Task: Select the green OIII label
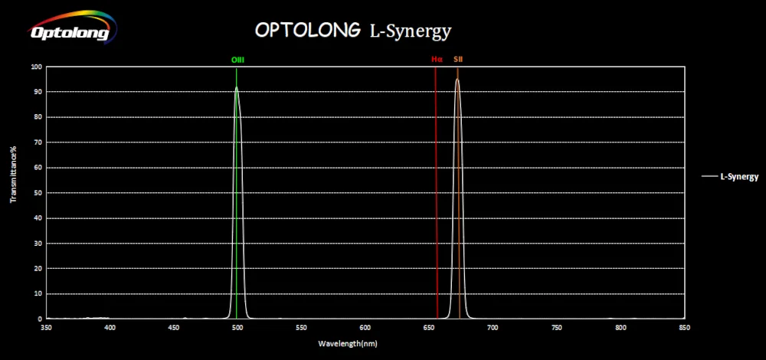coord(237,59)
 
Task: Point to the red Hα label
coord(437,59)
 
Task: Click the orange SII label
coord(458,59)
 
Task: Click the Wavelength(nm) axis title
coord(349,343)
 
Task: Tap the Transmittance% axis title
coord(13,175)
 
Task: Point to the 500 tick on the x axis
coord(237,327)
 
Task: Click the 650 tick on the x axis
coord(429,327)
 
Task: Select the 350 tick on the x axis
coord(46,327)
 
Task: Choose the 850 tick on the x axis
coord(684,327)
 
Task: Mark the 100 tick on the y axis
coord(35,67)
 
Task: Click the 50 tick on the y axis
coord(37,192)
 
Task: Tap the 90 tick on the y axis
coord(37,92)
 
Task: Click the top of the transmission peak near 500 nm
coord(237,87)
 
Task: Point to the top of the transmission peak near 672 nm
coord(457,80)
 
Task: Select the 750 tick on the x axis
coord(557,327)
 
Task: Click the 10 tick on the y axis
coord(37,293)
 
